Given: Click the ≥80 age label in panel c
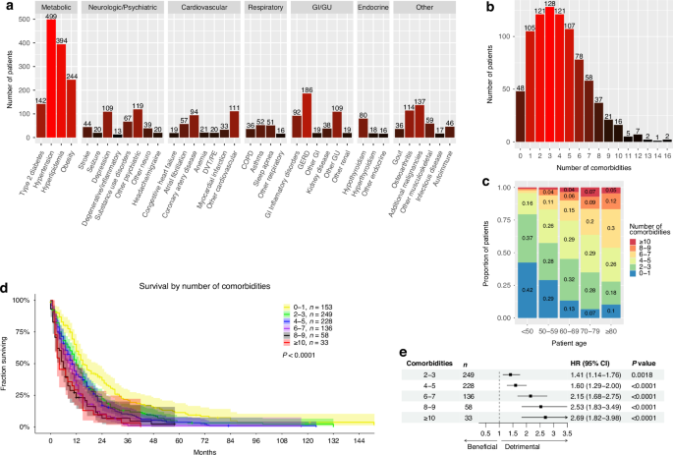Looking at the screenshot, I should pos(641,329).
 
